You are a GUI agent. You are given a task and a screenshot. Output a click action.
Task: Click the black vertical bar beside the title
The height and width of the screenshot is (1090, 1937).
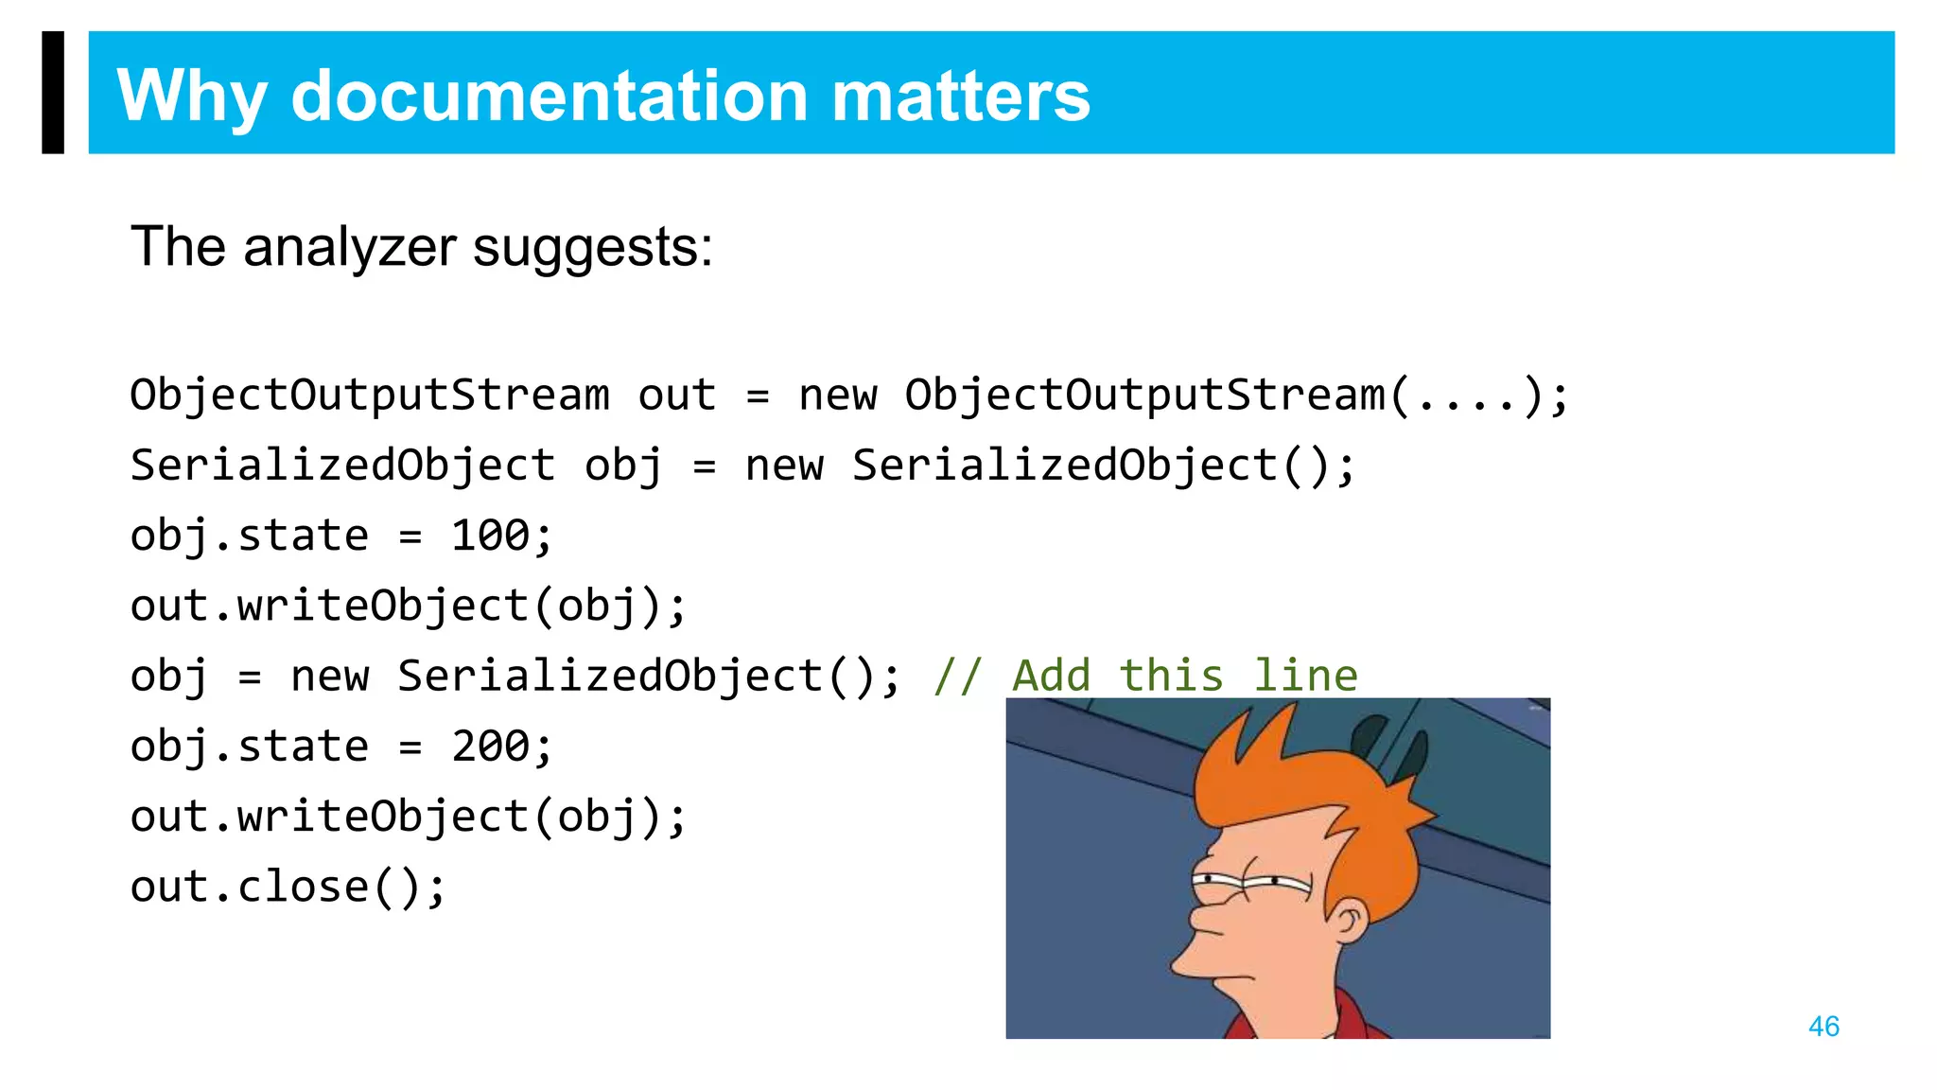click(53, 92)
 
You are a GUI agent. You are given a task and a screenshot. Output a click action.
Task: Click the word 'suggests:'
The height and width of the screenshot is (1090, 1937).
click(592, 249)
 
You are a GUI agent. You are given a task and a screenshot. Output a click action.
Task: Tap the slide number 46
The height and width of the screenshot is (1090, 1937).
click(1824, 1026)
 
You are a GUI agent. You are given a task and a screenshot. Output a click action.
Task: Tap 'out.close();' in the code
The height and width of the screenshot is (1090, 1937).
click(288, 887)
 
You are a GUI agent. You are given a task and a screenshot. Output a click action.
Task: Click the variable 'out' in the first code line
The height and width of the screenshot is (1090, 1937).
click(677, 395)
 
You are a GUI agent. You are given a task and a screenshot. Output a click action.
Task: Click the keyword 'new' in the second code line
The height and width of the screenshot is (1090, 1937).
click(784, 466)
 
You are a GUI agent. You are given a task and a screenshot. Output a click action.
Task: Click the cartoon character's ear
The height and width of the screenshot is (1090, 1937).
click(1348, 920)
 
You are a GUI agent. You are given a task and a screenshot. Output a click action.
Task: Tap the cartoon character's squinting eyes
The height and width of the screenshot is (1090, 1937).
click(1248, 884)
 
